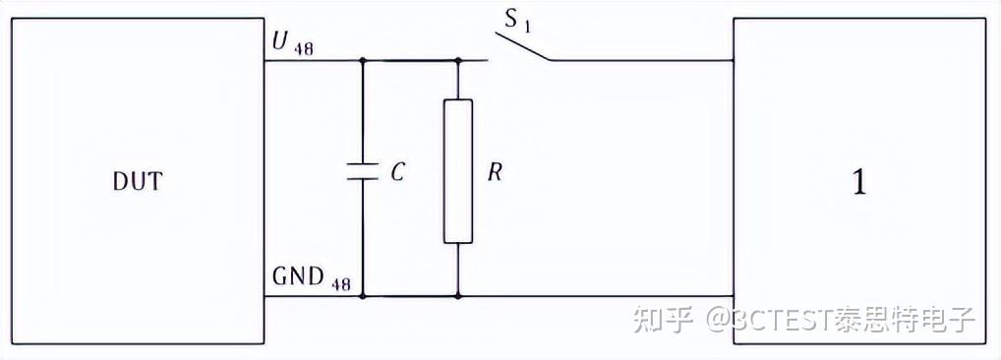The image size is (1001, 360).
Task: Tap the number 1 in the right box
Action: [x=860, y=184]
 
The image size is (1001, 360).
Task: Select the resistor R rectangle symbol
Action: [x=458, y=171]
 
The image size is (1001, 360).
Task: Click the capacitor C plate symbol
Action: [x=363, y=171]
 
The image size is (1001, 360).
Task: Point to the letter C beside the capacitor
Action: [x=397, y=172]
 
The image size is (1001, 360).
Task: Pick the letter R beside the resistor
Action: [x=495, y=172]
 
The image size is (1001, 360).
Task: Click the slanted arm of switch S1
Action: [x=523, y=46]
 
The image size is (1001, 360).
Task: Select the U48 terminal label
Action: [x=292, y=43]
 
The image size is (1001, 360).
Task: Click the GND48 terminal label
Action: [x=312, y=277]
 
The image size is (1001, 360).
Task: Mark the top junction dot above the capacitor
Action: [x=363, y=61]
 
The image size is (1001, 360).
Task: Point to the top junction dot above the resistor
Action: [x=458, y=61]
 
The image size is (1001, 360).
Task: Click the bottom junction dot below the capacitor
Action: [x=363, y=296]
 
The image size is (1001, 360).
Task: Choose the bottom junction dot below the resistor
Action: [x=458, y=296]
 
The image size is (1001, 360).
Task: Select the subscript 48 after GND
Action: [x=340, y=284]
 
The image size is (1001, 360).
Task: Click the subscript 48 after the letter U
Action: [x=303, y=49]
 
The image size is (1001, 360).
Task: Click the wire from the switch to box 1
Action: [x=643, y=61]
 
